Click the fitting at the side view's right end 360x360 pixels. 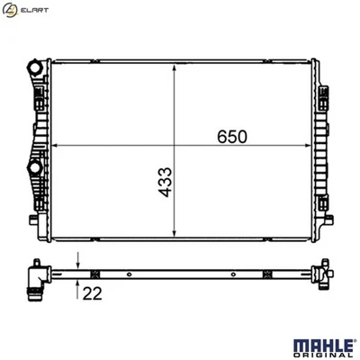click(319, 274)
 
